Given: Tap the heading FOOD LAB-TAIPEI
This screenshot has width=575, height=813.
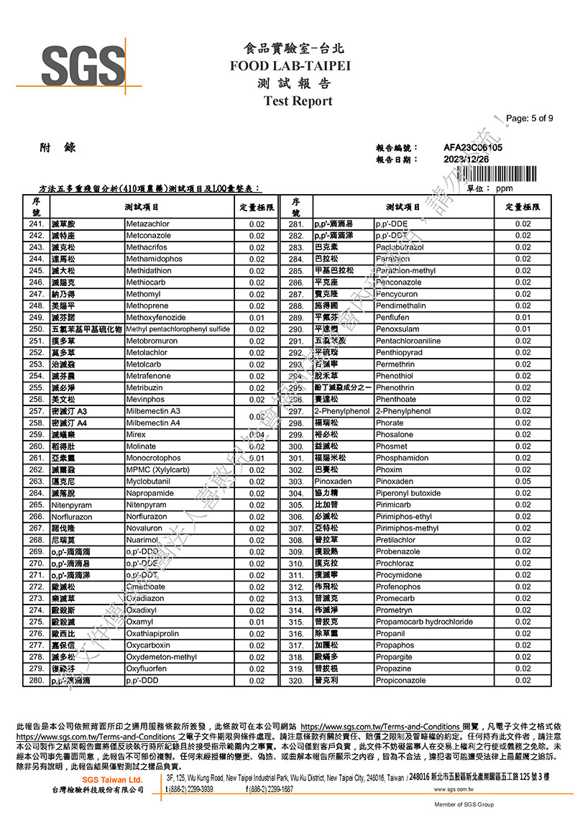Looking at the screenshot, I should tap(290, 66).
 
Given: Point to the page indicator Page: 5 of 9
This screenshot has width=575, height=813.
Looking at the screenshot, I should tap(530, 119).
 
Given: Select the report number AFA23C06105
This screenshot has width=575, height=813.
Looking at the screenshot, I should tap(472, 147).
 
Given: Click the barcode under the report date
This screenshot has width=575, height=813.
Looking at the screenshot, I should tap(496, 175).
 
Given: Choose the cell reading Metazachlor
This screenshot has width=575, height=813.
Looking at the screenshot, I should tap(148, 224).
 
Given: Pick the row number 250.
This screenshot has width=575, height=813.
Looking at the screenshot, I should tap(37, 329).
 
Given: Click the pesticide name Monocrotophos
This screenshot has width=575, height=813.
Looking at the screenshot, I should tap(153, 458).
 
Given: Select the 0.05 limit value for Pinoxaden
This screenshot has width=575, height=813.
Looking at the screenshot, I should tap(523, 482).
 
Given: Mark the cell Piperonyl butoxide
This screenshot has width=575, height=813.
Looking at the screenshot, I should tap(408, 493).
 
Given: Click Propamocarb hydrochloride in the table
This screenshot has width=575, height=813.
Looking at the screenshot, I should tap(424, 622).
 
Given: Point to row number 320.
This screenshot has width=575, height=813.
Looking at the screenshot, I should tap(296, 681).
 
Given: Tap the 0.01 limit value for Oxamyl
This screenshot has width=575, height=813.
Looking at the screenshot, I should tap(257, 622).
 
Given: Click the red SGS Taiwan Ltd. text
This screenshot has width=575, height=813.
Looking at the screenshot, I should tap(112, 780).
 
